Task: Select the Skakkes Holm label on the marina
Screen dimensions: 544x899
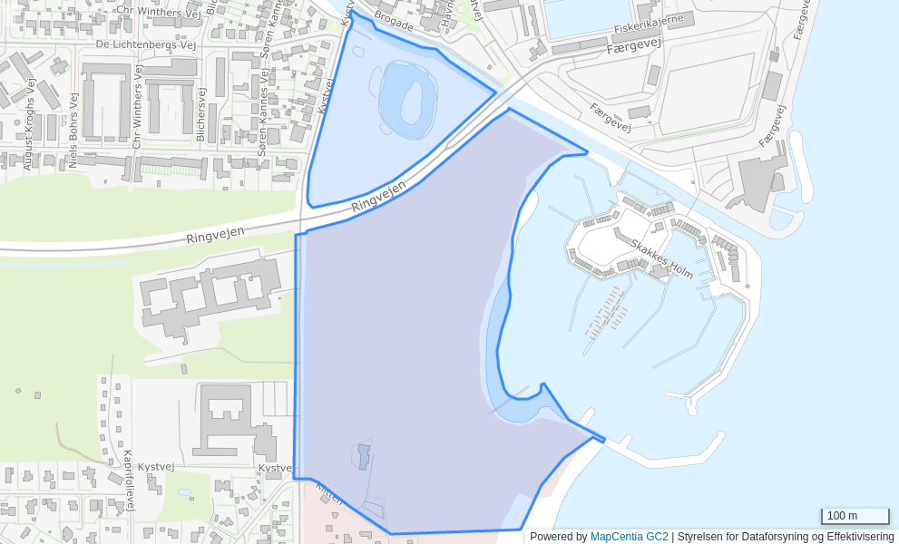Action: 661,259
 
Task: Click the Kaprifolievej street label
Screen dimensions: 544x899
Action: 128,480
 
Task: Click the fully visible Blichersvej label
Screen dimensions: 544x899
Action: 200,113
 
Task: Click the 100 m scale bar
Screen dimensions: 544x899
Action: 855,516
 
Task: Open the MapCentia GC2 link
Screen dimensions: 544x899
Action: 629,537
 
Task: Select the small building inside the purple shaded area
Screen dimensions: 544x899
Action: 364,456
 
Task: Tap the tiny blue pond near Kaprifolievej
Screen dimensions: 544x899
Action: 185,492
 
